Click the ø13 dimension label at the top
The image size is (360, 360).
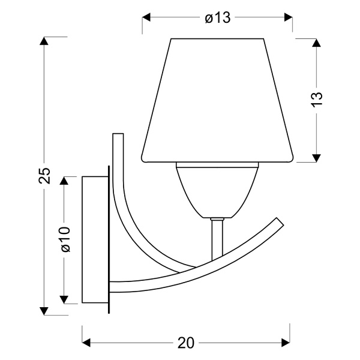click(x=217, y=18)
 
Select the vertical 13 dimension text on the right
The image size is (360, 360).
click(x=317, y=99)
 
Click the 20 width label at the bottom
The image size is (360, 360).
click(x=186, y=343)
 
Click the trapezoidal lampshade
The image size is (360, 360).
click(x=217, y=102)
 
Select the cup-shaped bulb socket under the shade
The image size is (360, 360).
click(x=217, y=189)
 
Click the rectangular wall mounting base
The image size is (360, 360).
click(x=95, y=240)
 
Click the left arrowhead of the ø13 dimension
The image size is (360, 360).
click(x=146, y=18)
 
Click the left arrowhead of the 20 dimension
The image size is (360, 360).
click(x=86, y=343)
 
